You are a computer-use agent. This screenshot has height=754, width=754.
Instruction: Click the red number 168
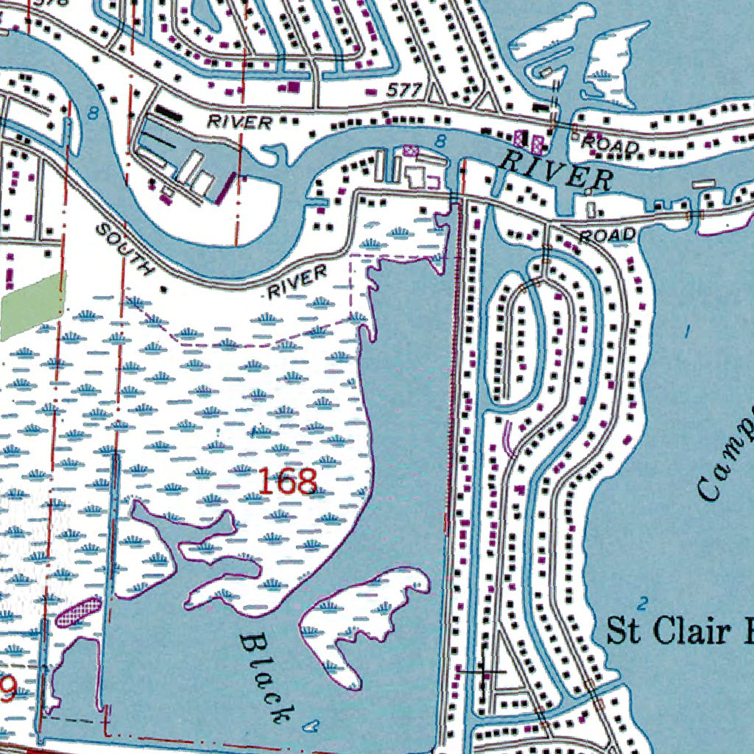click(288, 482)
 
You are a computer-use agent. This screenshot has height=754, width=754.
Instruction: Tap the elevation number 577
click(404, 91)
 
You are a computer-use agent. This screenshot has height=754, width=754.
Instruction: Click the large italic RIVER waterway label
click(554, 170)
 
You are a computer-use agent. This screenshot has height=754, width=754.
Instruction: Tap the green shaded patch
click(33, 306)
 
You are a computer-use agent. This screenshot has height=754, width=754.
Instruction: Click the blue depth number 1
click(688, 331)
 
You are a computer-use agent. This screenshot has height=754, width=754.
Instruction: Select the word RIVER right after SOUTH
click(297, 283)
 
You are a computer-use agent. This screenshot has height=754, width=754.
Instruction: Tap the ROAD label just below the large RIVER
click(607, 236)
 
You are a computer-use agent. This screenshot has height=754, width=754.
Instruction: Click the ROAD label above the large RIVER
click(610, 145)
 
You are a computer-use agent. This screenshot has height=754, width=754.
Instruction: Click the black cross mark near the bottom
click(483, 671)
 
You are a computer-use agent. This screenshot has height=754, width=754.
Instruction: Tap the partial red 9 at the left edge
click(7, 689)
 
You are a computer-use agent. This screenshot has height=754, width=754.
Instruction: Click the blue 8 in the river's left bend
click(92, 113)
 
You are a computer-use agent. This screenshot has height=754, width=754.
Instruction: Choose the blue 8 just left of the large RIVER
click(440, 141)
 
